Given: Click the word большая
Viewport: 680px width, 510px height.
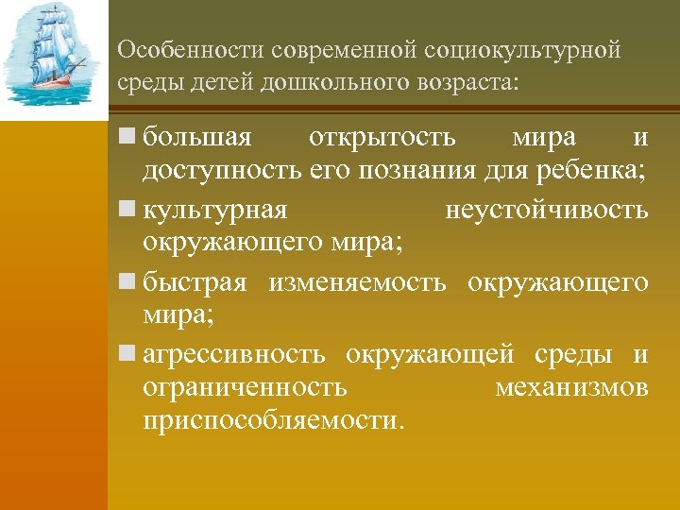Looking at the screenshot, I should [x=197, y=138].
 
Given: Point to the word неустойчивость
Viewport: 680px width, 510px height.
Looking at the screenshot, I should [x=546, y=210].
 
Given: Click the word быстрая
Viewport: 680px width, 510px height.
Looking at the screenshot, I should [x=195, y=282].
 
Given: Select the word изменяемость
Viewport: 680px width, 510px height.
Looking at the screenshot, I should [x=357, y=282].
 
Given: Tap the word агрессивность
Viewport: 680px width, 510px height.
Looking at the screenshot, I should [x=235, y=355].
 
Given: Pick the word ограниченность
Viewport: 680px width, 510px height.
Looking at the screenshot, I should [x=245, y=387].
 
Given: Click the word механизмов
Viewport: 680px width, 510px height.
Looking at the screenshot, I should [x=571, y=387].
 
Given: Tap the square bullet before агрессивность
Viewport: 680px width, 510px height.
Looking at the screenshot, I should [x=128, y=355].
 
